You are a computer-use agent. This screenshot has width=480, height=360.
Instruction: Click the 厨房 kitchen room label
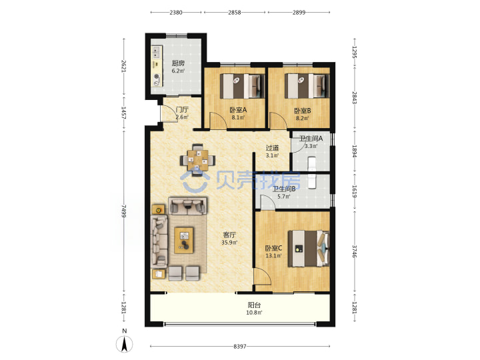click(x=178, y=63)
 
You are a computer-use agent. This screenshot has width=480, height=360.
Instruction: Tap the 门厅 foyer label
click(x=182, y=109)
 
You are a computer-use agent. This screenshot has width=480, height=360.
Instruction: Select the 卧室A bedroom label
click(x=238, y=110)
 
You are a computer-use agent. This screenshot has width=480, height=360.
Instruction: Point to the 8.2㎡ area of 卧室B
click(x=302, y=118)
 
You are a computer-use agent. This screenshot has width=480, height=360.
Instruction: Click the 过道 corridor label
click(x=272, y=148)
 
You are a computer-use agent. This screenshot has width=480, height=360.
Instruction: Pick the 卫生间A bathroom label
click(x=311, y=139)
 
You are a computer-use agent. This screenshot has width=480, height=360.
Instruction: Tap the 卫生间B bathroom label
click(x=284, y=189)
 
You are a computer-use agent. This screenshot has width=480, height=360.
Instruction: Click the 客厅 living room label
click(x=229, y=235)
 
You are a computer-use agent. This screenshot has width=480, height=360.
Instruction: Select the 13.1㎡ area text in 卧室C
click(x=273, y=255)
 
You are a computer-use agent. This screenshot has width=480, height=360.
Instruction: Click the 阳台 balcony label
click(x=254, y=305)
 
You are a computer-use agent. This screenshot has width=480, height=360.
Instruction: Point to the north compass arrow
click(x=124, y=344)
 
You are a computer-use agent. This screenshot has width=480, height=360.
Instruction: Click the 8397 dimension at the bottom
click(x=240, y=346)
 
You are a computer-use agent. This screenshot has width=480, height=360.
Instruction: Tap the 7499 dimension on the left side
click(x=124, y=211)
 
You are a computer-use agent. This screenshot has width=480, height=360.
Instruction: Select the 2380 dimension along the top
click(x=176, y=12)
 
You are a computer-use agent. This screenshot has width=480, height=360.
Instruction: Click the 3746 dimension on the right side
click(x=355, y=251)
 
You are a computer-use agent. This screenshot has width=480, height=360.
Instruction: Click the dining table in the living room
click(x=198, y=160)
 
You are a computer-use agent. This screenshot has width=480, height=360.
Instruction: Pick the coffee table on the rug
click(x=184, y=240)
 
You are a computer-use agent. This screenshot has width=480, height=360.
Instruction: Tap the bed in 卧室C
click(x=309, y=249)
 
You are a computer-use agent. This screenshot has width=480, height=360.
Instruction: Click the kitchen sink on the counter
click(x=157, y=52)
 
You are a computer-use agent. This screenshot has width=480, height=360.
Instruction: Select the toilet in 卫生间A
click(x=311, y=163)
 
